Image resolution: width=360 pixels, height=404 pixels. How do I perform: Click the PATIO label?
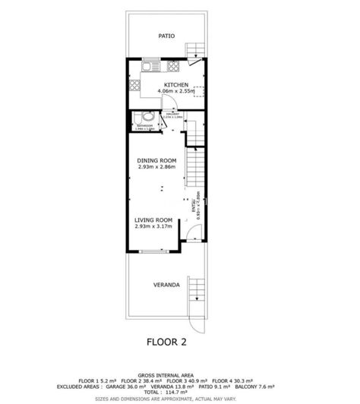tap(166, 35)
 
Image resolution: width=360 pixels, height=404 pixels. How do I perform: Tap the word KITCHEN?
tap(177, 84)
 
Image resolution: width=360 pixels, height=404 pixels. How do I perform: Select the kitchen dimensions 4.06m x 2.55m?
tap(177, 91)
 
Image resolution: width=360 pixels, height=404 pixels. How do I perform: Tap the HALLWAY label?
tap(172, 115)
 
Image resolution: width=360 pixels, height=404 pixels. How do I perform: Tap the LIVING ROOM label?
tap(154, 219)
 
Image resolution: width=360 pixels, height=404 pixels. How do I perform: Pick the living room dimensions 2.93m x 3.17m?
tap(154, 226)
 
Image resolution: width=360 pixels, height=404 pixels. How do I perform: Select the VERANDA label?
tap(166, 285)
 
